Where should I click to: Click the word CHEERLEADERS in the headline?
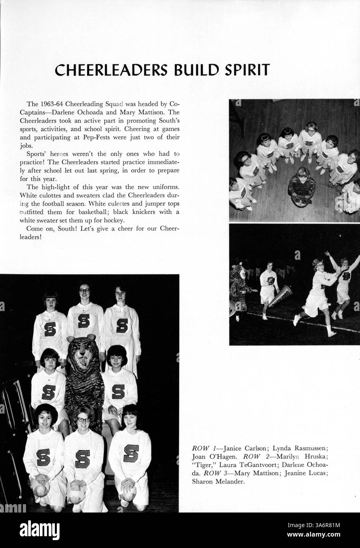point(107,70)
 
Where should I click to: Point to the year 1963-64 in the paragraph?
point(51,104)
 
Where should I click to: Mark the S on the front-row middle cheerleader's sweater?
point(83,458)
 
